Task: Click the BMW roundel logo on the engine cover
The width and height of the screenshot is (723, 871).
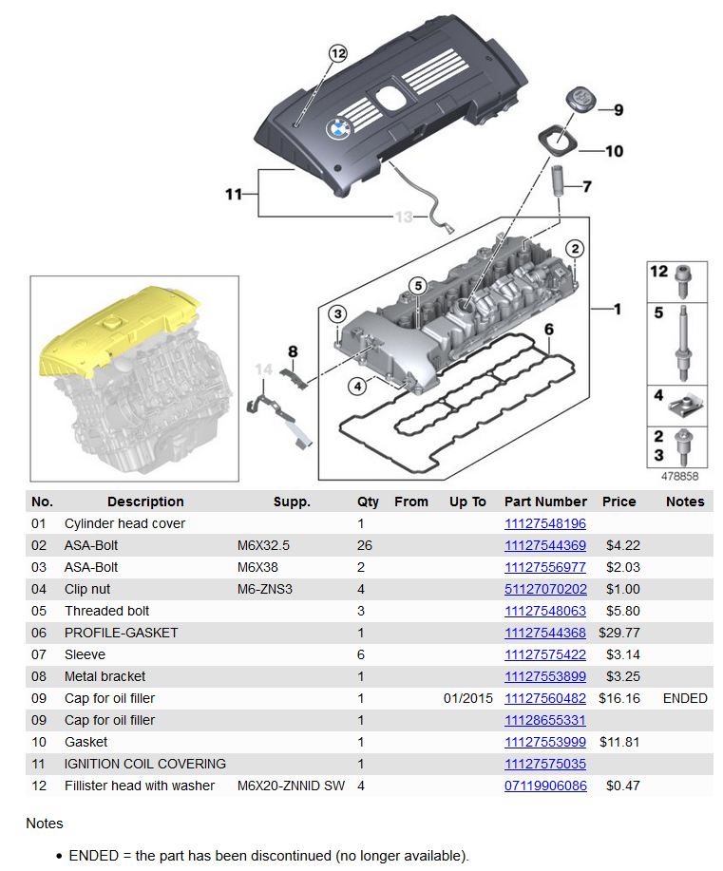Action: pos(338,129)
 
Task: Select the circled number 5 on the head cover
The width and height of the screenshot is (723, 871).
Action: pos(417,285)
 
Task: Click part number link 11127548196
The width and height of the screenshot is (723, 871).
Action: pos(544,523)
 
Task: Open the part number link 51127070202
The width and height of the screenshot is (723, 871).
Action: pos(544,589)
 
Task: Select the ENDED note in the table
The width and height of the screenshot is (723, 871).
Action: pos(685,698)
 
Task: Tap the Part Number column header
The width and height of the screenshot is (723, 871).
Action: pos(545,502)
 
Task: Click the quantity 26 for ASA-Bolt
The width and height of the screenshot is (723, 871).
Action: pos(365,545)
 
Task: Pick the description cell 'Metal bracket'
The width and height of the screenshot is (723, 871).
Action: pos(105,676)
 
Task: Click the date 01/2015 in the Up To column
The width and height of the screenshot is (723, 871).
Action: pos(467,698)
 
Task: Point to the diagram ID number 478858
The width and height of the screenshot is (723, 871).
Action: pos(679,477)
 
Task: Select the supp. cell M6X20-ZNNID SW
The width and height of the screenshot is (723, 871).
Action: pos(290,786)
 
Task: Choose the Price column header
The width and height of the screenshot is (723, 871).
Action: pos(618,502)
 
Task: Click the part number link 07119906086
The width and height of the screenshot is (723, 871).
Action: pos(544,786)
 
